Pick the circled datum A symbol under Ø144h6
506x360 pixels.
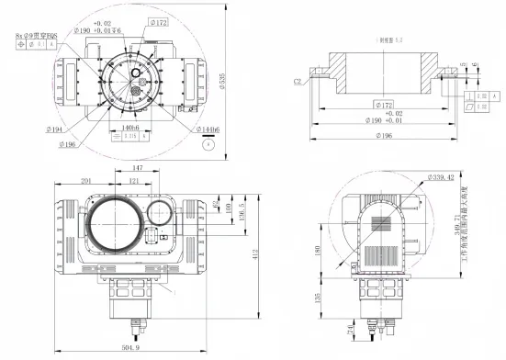[x=203, y=144]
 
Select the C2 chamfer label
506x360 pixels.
[x=299, y=81]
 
